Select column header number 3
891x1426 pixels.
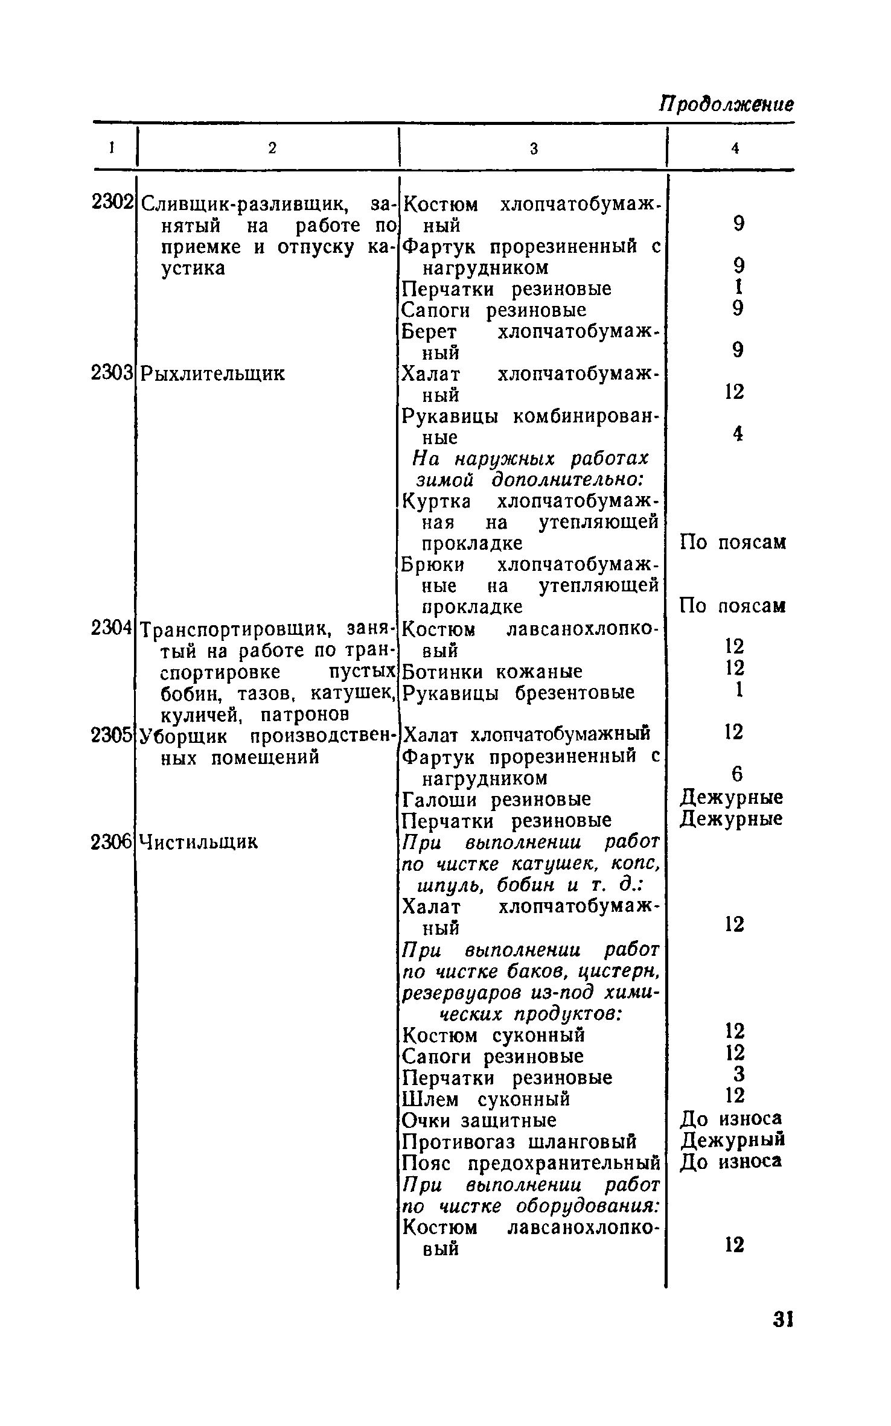point(534,148)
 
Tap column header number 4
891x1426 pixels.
point(735,148)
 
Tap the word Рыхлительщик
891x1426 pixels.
point(212,374)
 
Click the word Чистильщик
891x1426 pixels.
point(199,841)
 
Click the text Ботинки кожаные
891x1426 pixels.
point(492,671)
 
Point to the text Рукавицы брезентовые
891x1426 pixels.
point(519,692)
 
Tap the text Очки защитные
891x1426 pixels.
point(479,1120)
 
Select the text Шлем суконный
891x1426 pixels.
point(486,1099)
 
